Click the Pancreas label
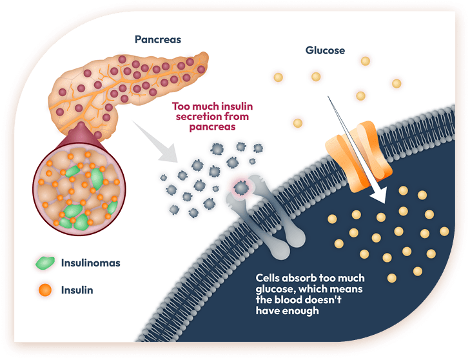pyautogui.click(x=158, y=39)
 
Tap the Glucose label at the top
pyautogui.click(x=325, y=50)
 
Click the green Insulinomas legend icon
pyautogui.click(x=45, y=263)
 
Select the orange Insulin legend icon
pyautogui.click(x=44, y=290)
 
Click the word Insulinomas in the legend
pyautogui.click(x=90, y=263)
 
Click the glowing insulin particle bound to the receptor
pyautogui.click(x=240, y=187)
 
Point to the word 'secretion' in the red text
pyautogui.click(x=191, y=117)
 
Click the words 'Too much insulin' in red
pyautogui.click(x=212, y=106)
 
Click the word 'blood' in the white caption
pyautogui.click(x=291, y=299)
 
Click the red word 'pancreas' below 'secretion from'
pyautogui.click(x=213, y=127)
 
